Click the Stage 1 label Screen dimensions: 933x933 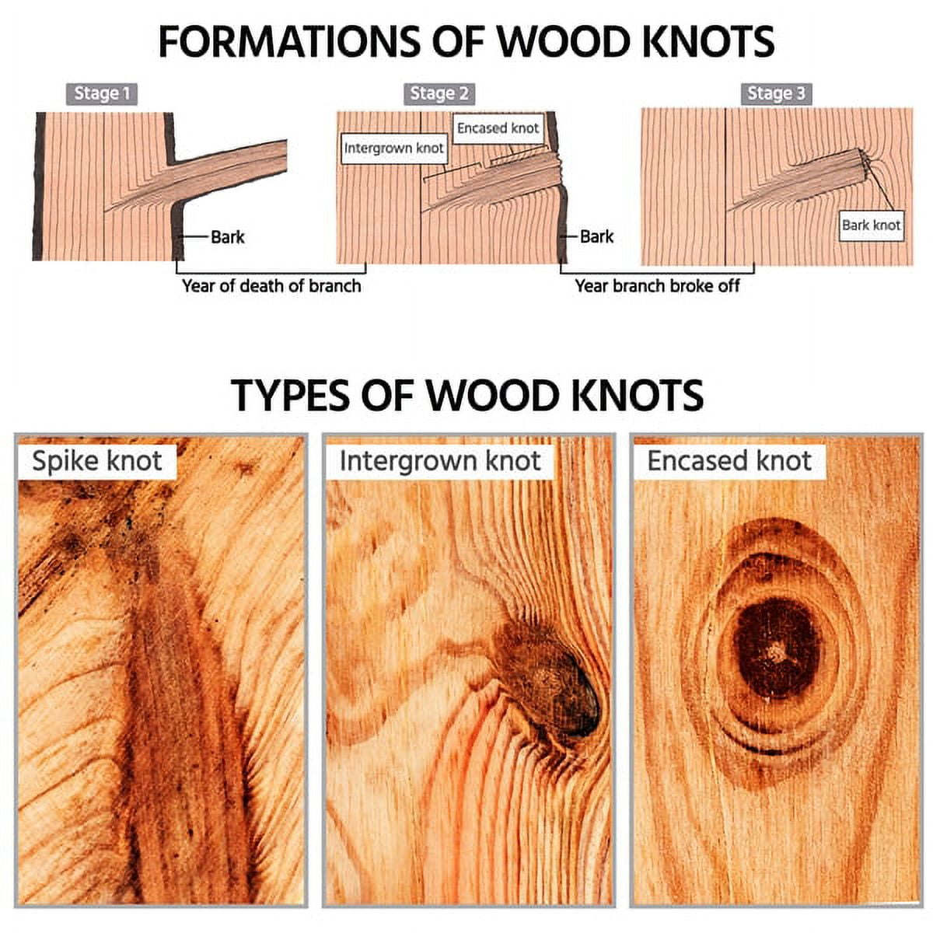point(102,94)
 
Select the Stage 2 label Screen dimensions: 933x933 point(439,94)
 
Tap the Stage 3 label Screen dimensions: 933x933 point(776,94)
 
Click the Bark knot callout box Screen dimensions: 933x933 point(871,225)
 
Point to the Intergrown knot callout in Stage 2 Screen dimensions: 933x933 point(393,149)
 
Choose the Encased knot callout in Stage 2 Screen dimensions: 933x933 point(498,128)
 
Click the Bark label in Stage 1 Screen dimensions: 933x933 point(228,237)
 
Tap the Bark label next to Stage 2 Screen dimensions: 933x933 point(596,237)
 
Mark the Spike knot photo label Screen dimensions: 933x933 point(97,460)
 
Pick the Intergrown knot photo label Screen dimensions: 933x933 point(439,460)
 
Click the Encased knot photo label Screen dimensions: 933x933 point(729,460)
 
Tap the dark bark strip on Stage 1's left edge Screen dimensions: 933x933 point(39,187)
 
